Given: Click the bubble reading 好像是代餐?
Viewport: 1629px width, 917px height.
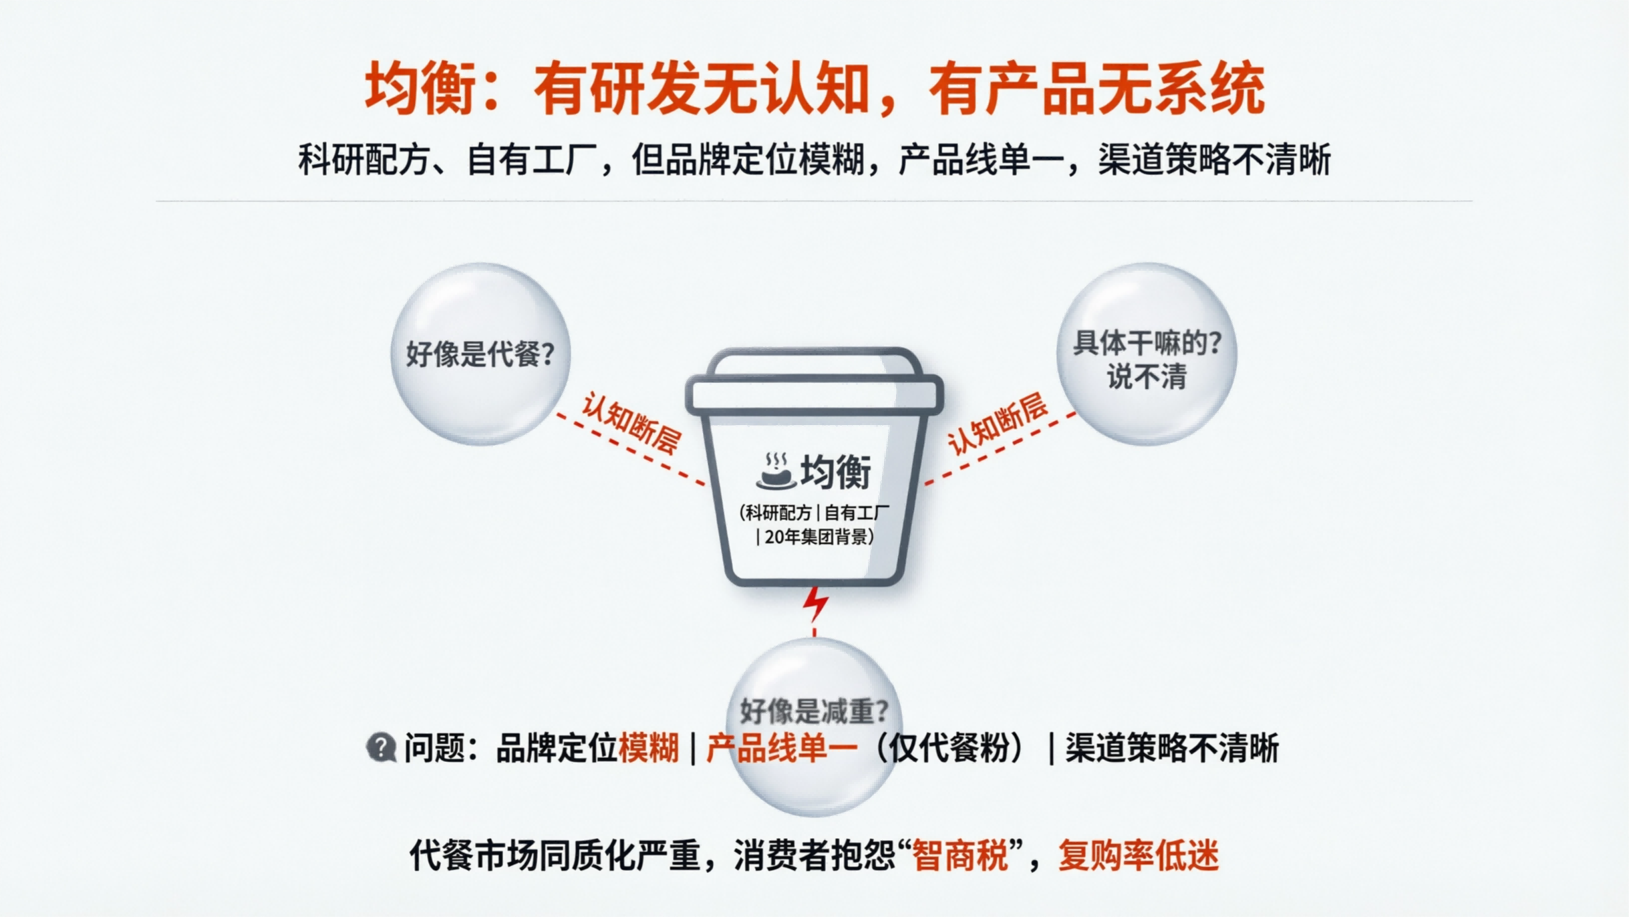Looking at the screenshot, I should coord(480,354).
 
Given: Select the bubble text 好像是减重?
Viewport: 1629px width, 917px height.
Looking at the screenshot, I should coord(814,710).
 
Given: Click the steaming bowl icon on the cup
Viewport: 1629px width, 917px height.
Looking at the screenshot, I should coord(775,471).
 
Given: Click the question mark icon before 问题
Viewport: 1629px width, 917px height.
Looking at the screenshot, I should coord(381,747).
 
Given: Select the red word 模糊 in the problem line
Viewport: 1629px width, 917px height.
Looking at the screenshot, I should coord(648,747).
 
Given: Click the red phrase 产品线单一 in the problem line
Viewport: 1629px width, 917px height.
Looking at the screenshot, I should coord(781,747).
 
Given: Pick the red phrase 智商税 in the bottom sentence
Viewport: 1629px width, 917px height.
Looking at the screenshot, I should coord(959,856).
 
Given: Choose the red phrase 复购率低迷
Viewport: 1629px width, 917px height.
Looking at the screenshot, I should coord(1139,856).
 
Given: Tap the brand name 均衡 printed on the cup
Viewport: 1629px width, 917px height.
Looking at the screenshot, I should coord(836,472).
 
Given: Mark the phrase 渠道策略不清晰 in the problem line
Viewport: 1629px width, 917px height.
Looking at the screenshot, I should coord(1171,747).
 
